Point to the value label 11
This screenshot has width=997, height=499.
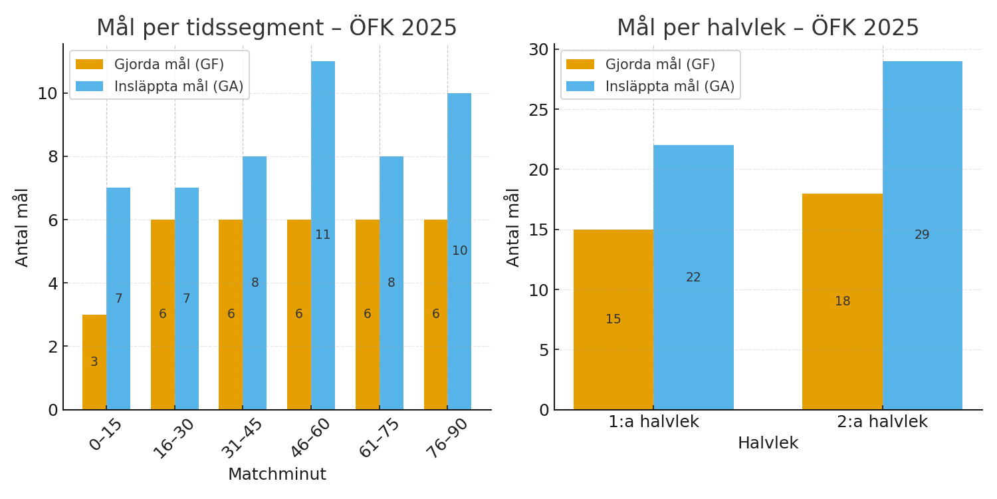click(323, 235)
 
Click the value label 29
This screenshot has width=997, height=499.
click(922, 235)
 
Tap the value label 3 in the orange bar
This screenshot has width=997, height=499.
click(94, 362)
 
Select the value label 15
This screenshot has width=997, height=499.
click(613, 319)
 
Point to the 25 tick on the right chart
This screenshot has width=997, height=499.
click(539, 109)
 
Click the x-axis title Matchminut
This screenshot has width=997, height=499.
click(277, 474)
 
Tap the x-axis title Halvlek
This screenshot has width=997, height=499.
click(768, 443)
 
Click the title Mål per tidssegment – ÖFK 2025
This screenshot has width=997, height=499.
click(277, 28)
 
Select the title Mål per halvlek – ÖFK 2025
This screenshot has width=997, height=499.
click(768, 28)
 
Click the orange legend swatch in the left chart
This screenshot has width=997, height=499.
click(89, 65)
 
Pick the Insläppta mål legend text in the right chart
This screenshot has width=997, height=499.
click(669, 86)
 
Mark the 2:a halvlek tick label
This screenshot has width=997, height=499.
click(882, 422)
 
